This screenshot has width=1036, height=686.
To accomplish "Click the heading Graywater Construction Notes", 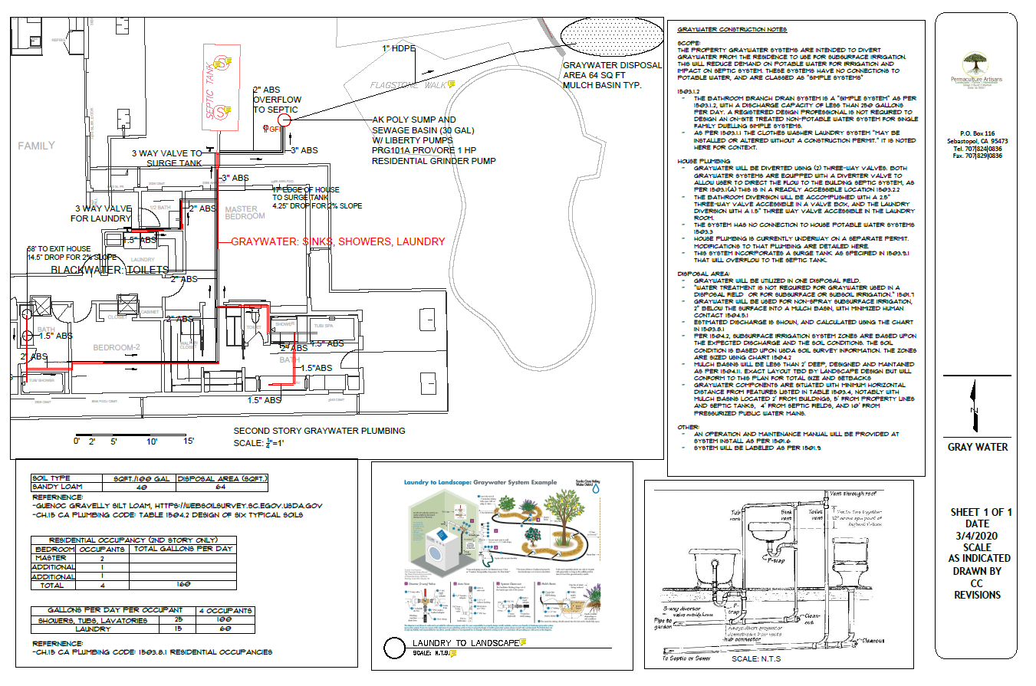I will pos(732,29).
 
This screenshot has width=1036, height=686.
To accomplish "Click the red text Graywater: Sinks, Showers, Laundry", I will pos(338,241).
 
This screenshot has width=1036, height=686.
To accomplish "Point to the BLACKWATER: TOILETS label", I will pos(109,270).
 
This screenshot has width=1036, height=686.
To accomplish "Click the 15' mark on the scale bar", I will pos(188,441).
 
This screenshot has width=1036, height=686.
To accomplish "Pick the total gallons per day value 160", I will pos(183,585).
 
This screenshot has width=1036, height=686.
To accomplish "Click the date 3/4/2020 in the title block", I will pos(977,536).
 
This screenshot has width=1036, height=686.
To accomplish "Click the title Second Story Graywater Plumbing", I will pos(319,431).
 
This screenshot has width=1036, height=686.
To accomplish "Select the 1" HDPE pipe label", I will pos(399,49).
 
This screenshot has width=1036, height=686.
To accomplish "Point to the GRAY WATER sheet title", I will pos(978,447).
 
